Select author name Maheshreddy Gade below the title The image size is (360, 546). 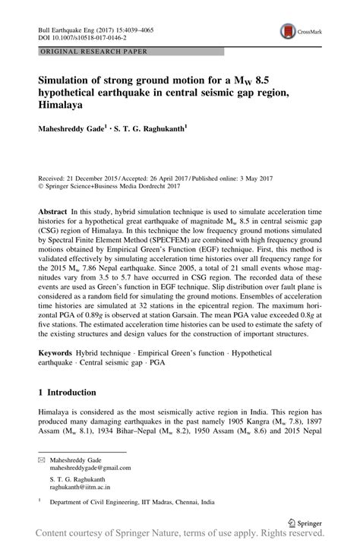[74, 129]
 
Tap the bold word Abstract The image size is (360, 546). [55, 209]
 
